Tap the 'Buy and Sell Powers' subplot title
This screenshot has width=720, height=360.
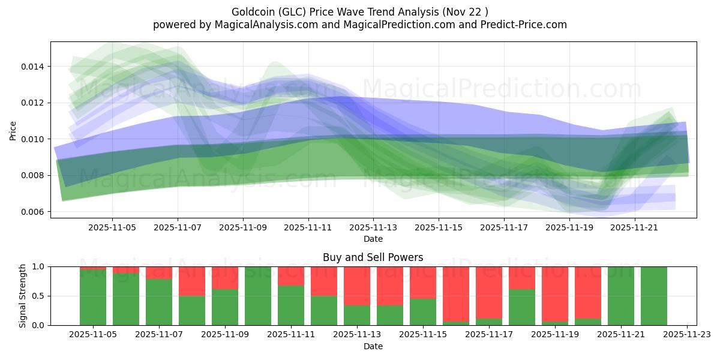tap(373, 257)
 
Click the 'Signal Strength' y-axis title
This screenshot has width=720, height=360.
tap(22, 296)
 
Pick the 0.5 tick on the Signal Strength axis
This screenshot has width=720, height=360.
tap(38, 296)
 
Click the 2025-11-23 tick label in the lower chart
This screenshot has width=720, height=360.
tap(686, 335)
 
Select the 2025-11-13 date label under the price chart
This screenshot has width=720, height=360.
tap(373, 227)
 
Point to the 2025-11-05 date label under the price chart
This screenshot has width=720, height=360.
tap(112, 227)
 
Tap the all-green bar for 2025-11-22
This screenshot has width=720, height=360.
tap(654, 296)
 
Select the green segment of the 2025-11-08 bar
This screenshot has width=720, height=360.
tap(192, 310)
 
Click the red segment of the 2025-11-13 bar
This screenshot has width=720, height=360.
tap(357, 286)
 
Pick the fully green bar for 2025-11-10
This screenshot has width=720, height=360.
tap(258, 296)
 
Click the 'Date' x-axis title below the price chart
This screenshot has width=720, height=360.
tap(373, 239)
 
